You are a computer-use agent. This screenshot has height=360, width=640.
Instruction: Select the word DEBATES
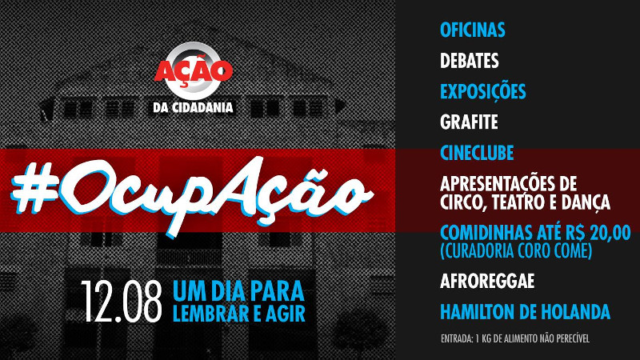[x=470, y=61]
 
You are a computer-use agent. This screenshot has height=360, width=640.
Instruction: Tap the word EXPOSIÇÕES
[x=483, y=91]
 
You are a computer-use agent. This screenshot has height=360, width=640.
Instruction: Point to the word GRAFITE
[x=470, y=122]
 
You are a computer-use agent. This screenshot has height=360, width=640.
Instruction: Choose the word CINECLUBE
[x=477, y=152]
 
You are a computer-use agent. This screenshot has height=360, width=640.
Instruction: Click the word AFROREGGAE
[x=487, y=282]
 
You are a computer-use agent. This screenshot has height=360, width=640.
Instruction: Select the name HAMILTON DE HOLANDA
[x=525, y=312]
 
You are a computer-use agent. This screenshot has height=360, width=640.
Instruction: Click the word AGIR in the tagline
[x=285, y=313]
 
